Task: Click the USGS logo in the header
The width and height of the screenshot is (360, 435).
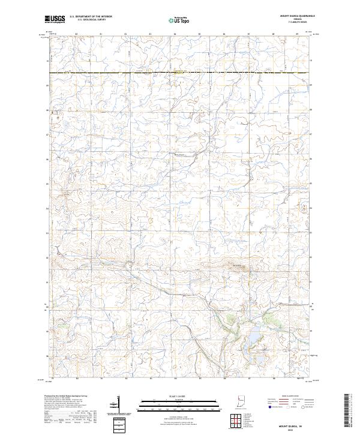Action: click(55, 19)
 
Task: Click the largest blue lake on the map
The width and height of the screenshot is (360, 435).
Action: click(253, 339)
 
